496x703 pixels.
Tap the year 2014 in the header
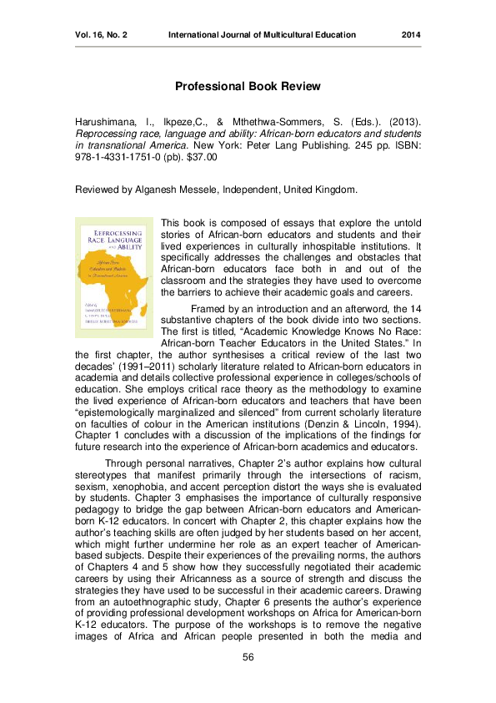(411, 35)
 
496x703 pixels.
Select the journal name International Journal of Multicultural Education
(262, 35)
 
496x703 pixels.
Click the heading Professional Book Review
(248, 86)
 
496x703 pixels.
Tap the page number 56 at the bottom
(248, 659)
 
